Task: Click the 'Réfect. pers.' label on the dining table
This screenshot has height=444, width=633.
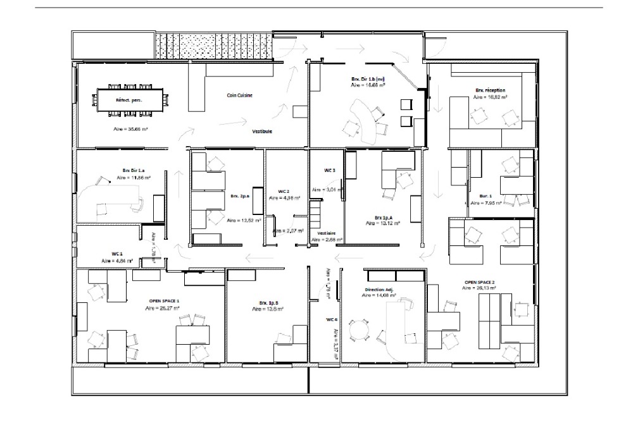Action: click(128, 100)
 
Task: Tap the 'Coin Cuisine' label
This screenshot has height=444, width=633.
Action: click(240, 96)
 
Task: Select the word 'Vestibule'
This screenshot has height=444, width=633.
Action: click(262, 132)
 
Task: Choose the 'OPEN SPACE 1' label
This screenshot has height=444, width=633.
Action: click(164, 300)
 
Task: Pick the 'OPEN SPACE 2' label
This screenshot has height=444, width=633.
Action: click(480, 281)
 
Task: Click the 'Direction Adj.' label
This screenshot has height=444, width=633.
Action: click(379, 290)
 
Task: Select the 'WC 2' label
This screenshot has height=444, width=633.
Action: click(284, 191)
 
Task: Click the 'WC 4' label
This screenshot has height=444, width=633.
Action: click(332, 319)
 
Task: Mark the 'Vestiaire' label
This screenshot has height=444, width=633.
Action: click(327, 233)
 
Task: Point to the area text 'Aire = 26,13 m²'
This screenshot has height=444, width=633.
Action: click(479, 288)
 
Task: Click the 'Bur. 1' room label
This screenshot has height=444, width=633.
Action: click(486, 197)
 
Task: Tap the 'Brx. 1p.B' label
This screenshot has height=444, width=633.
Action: click(268, 303)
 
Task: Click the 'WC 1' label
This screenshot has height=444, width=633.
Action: click(116, 254)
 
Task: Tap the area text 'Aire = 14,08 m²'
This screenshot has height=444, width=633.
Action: click(379, 295)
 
